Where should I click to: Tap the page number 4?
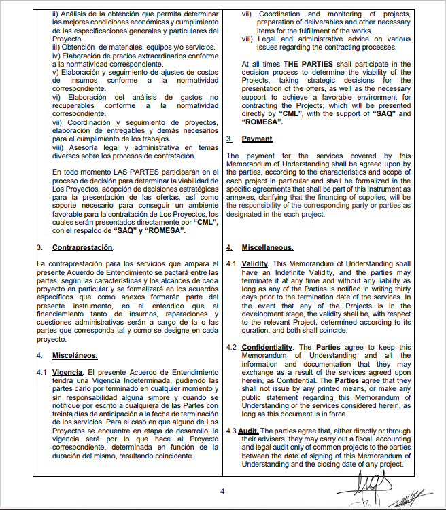[x=222, y=491]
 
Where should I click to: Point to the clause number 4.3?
[x=230, y=431]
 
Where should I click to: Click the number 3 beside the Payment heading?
[x=229, y=139]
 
